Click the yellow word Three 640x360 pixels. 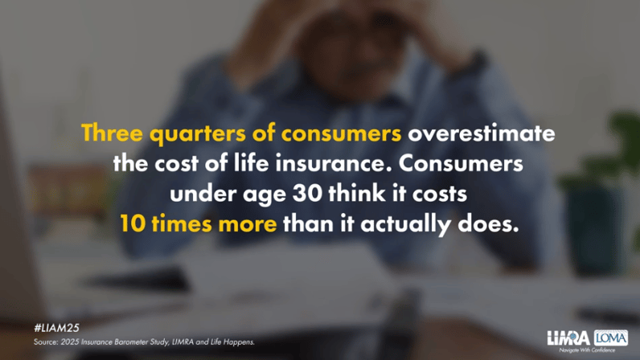point(113,133)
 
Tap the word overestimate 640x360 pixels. point(482,133)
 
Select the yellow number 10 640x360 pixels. point(133,223)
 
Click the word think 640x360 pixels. point(357,194)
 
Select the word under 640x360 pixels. point(203,194)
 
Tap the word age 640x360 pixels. point(264,195)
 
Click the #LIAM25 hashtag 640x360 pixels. point(57,328)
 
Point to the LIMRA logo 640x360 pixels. point(568,338)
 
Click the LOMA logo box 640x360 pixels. point(610,337)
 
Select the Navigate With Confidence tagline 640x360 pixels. point(587,350)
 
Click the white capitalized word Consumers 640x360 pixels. point(461,163)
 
